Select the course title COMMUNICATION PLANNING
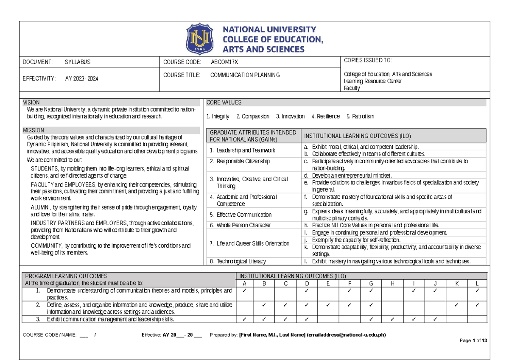coord(245,75)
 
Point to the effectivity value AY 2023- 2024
coord(81,78)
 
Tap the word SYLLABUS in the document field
coord(78,62)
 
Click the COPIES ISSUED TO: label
coord(368,60)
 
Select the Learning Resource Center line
coord(373,81)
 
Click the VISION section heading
coord(31,103)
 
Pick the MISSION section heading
coord(34,130)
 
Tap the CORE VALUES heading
coord(224,103)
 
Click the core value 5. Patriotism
coord(360,116)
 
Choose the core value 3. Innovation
coord(290,116)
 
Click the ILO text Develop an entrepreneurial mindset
coord(352,175)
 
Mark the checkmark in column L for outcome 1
coord(477,290)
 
